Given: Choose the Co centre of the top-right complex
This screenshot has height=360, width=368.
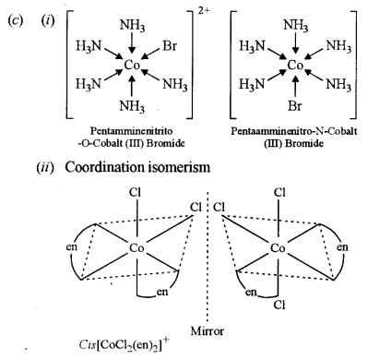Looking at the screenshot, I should [296, 65].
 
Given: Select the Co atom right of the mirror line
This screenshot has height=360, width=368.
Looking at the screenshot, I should [279, 249].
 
